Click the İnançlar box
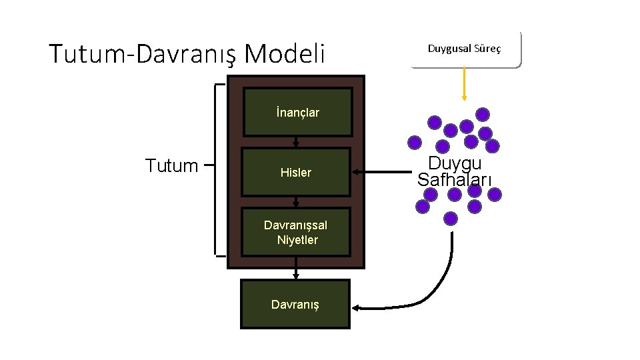(x=296, y=112)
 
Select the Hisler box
(x=296, y=172)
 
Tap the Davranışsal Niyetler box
(x=296, y=233)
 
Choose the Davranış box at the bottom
(x=295, y=304)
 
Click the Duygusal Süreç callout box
(x=465, y=49)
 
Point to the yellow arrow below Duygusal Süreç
(x=464, y=84)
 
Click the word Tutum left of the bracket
(x=171, y=165)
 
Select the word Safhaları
(x=455, y=179)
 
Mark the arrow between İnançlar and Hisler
(x=296, y=141)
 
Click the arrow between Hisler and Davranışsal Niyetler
(x=296, y=201)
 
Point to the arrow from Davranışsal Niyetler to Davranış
(x=296, y=273)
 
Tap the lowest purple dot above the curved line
(x=451, y=218)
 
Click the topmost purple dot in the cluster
(x=483, y=114)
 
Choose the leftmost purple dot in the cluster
(x=415, y=142)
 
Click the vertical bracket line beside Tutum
(x=216, y=170)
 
